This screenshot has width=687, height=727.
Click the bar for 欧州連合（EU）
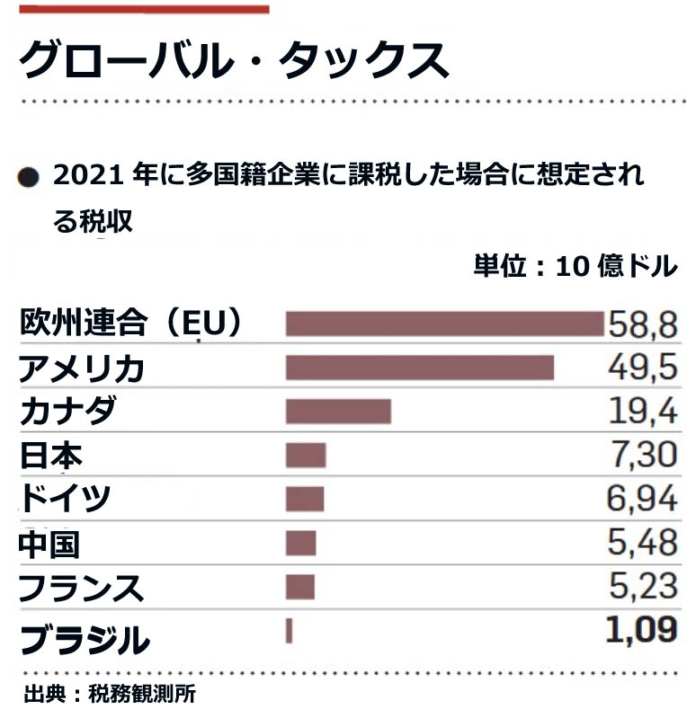(444, 324)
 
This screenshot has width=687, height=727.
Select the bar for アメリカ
(419, 368)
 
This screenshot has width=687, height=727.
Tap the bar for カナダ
(338, 412)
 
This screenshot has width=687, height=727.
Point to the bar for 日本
(306, 456)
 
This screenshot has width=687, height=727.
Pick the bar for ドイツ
(305, 499)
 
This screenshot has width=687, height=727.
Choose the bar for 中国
(301, 543)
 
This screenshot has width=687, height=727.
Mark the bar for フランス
(300, 587)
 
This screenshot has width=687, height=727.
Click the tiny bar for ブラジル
(290, 631)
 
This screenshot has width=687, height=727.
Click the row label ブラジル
(83, 639)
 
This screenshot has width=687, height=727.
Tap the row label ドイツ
(65, 500)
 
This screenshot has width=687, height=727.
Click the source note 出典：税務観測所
(110, 694)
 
